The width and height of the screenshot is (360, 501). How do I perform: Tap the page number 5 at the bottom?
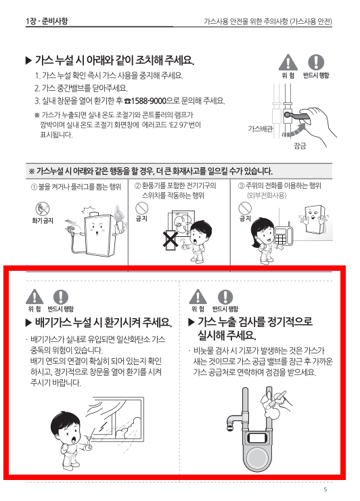click(x=325, y=489)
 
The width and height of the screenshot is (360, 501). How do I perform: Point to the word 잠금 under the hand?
click(x=300, y=145)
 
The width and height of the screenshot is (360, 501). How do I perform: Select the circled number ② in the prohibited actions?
click(x=137, y=186)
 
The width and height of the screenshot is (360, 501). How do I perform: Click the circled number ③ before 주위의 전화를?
click(x=242, y=186)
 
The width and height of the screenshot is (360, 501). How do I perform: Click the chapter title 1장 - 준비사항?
click(x=47, y=22)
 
